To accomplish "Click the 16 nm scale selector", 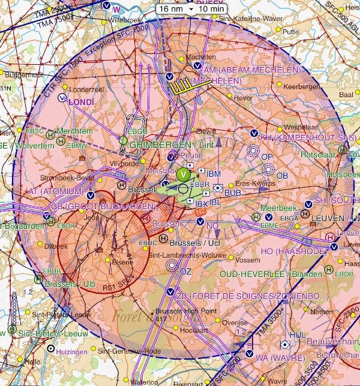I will (x=172, y=10).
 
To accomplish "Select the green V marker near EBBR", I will (x=184, y=174).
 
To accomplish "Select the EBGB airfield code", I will (x=137, y=131).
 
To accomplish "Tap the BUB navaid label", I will (x=232, y=194).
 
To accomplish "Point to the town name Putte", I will (x=291, y=32).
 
